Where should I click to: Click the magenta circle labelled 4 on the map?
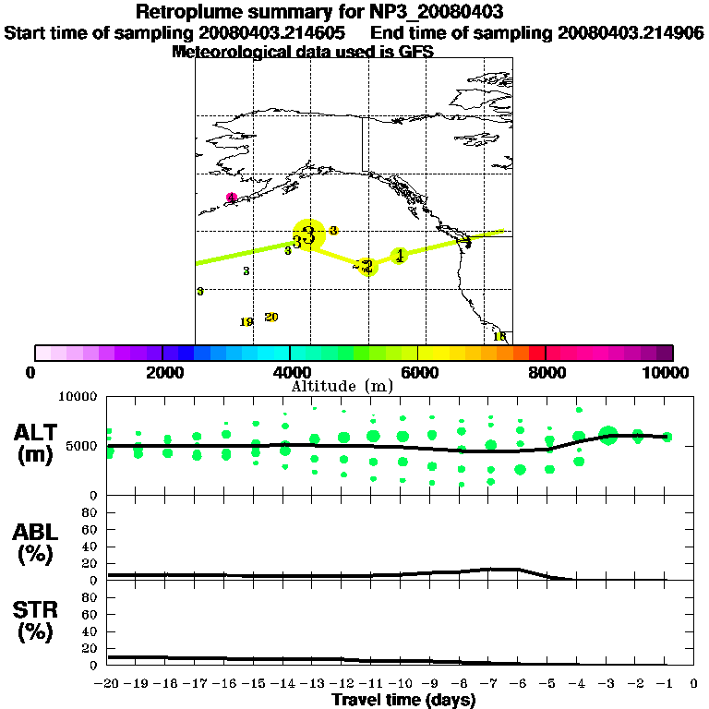(x=232, y=198)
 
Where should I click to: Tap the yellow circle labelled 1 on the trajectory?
(x=400, y=256)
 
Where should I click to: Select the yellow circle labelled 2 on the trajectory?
(x=367, y=267)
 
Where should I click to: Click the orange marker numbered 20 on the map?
(x=270, y=317)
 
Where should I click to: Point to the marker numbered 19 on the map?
(x=246, y=322)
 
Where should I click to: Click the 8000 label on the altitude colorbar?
(x=545, y=372)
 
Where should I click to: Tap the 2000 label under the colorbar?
(x=162, y=372)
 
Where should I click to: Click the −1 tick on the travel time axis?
(x=667, y=684)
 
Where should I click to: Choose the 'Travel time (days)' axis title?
(x=403, y=700)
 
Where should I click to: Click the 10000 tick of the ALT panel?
(x=78, y=396)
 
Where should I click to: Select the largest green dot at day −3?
(x=607, y=436)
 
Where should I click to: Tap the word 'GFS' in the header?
(x=416, y=52)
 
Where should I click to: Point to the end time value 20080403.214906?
(x=631, y=32)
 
